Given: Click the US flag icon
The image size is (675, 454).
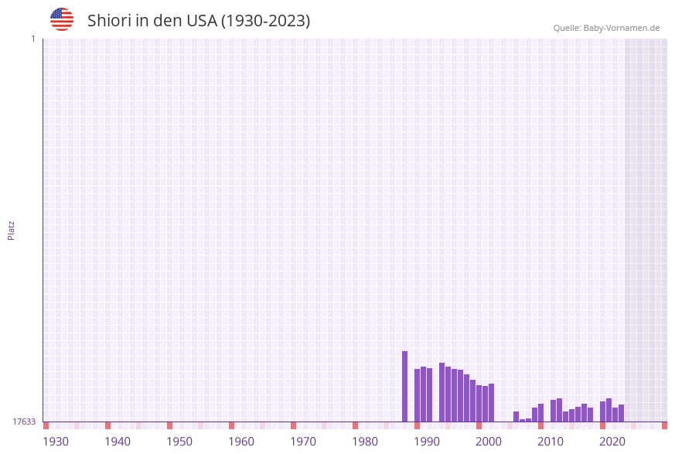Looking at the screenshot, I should click(x=62, y=19).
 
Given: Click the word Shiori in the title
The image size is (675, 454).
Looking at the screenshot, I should click(x=109, y=21).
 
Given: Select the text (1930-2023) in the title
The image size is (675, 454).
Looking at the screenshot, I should click(x=265, y=21).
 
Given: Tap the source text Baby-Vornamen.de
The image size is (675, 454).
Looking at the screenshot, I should click(x=622, y=28).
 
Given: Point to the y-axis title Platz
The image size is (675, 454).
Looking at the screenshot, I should click(x=12, y=230).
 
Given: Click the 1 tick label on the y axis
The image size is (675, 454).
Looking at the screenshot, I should click(x=32, y=39).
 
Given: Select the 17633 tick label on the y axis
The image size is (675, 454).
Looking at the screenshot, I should click(x=24, y=422).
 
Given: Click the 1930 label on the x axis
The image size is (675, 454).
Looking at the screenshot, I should click(x=56, y=442).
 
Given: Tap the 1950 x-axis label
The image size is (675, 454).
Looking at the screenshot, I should click(x=179, y=442).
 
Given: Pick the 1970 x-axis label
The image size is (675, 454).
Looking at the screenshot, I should click(x=303, y=442).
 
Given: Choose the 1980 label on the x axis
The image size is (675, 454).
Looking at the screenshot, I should click(x=365, y=442).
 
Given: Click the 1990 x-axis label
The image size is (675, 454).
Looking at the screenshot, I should click(x=427, y=442).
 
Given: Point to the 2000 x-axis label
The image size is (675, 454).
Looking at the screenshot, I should click(x=489, y=442).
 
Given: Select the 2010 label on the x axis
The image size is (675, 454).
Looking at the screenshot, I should click(x=551, y=442).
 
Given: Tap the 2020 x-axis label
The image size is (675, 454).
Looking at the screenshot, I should click(x=612, y=442).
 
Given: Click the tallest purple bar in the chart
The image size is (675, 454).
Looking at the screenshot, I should click(x=404, y=387).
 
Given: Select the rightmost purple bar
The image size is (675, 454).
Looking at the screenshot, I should click(x=621, y=413).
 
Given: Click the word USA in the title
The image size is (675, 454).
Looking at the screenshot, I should click(x=202, y=21).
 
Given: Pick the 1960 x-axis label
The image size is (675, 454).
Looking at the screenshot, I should click(x=241, y=442).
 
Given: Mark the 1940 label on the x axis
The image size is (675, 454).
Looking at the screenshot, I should click(x=118, y=442).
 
